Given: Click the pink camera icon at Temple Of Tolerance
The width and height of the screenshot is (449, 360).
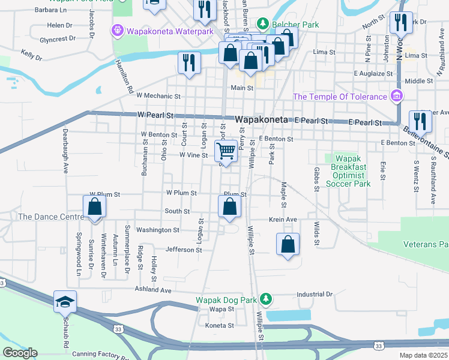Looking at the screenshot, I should [x=396, y=96].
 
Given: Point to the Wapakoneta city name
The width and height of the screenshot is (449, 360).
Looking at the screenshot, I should [x=263, y=120].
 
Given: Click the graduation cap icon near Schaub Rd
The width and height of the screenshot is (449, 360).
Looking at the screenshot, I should [x=65, y=301].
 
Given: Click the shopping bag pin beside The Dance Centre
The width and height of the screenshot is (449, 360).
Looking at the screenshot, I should [x=95, y=207].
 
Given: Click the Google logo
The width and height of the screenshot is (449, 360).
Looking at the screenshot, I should [x=20, y=353].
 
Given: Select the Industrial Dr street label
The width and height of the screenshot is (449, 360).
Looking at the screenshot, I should [x=315, y=295].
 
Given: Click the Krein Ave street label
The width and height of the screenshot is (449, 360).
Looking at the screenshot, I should [x=283, y=220].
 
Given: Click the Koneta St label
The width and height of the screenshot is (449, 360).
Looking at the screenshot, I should [x=219, y=325].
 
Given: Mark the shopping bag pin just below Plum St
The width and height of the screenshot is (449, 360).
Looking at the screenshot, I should [x=229, y=207].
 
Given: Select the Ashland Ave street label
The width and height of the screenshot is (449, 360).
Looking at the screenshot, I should [x=154, y=290].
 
